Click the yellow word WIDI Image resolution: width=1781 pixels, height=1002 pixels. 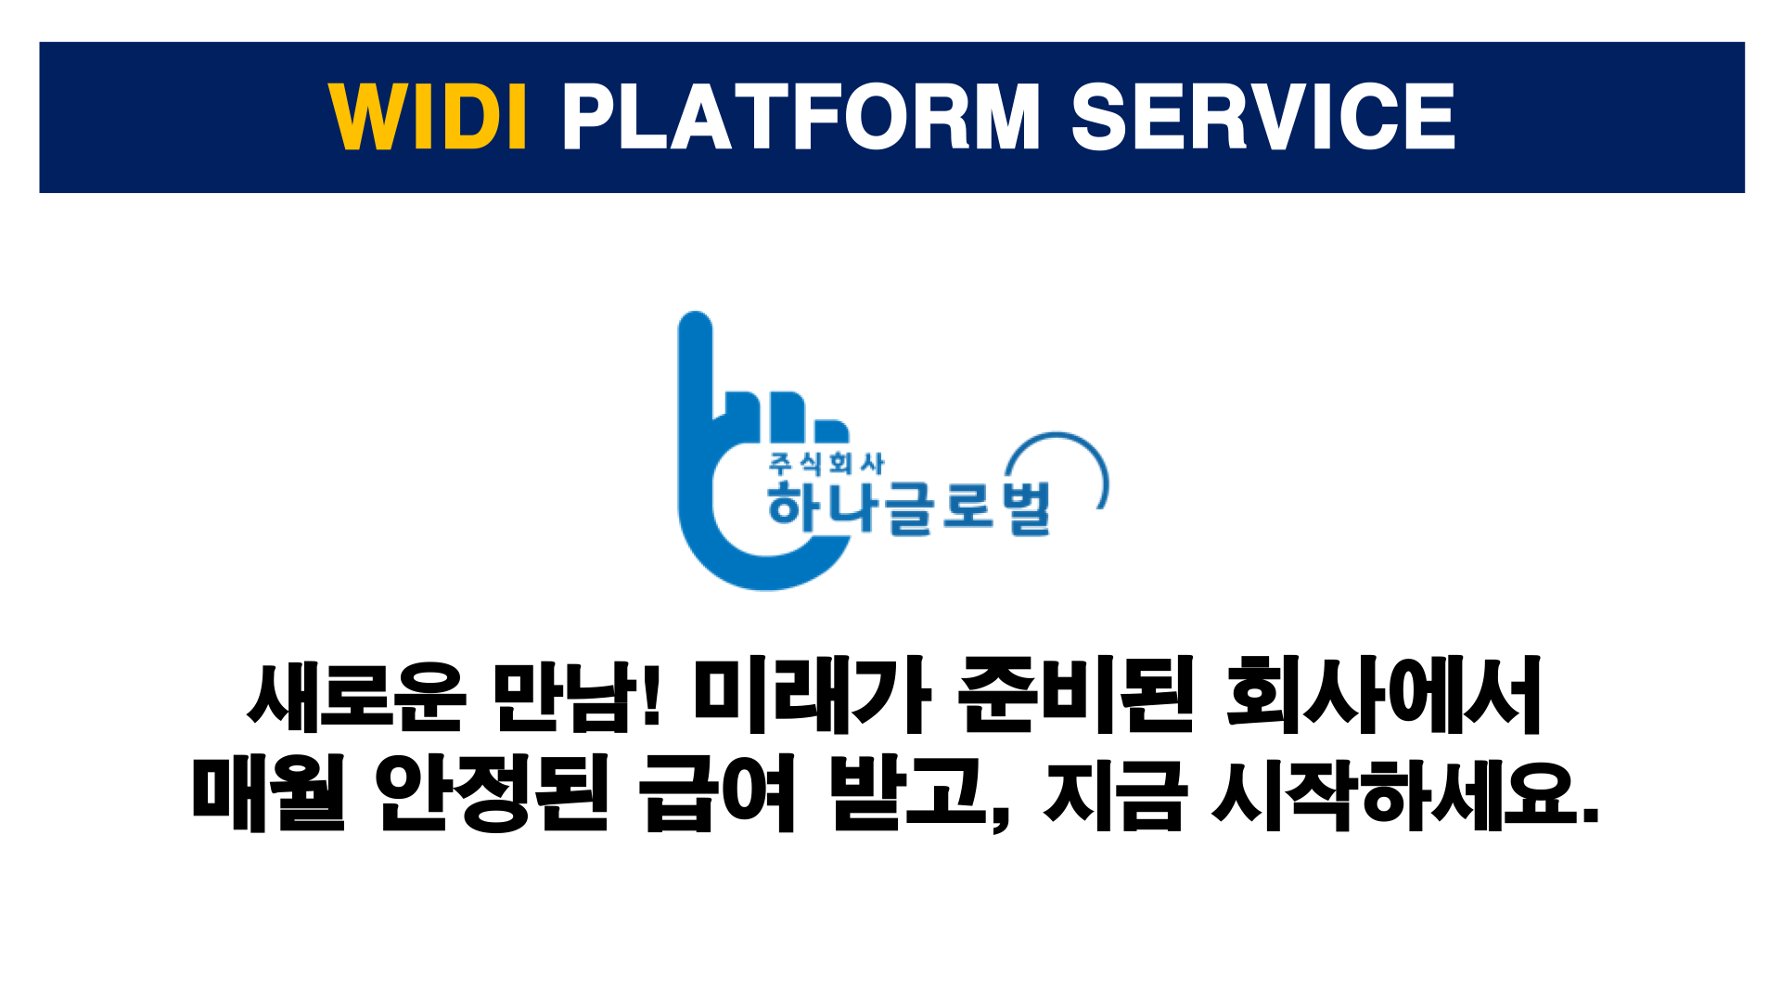coord(429,116)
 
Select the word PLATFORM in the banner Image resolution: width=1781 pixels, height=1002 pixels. coord(801,116)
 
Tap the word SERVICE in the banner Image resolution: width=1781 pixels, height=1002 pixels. coord(1263,116)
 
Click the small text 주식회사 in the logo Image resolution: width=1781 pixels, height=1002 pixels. coord(826,464)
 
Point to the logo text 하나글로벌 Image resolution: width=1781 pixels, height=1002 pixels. coord(909,507)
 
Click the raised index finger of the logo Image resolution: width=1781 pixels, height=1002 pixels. coord(696,366)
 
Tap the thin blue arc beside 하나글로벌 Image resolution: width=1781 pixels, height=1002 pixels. coord(1076,455)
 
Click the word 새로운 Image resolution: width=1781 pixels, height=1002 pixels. coord(356,696)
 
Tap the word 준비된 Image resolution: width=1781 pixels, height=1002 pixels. coord(1076,696)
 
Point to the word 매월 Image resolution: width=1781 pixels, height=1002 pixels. coord(268,794)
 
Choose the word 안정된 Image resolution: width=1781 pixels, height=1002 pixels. coord(493,794)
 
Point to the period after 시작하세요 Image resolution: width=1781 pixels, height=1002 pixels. coord(1590,814)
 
